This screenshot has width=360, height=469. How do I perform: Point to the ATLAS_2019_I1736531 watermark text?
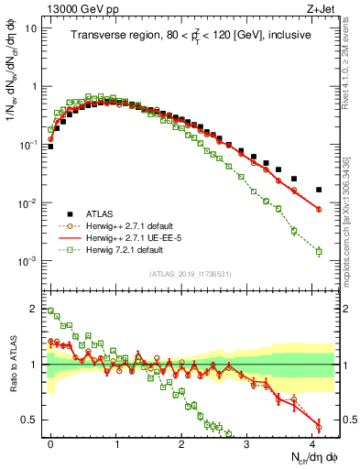tap(189, 275)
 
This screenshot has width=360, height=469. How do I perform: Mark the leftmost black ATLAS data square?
tap(51, 146)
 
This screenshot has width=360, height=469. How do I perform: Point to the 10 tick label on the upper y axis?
tap(31, 28)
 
